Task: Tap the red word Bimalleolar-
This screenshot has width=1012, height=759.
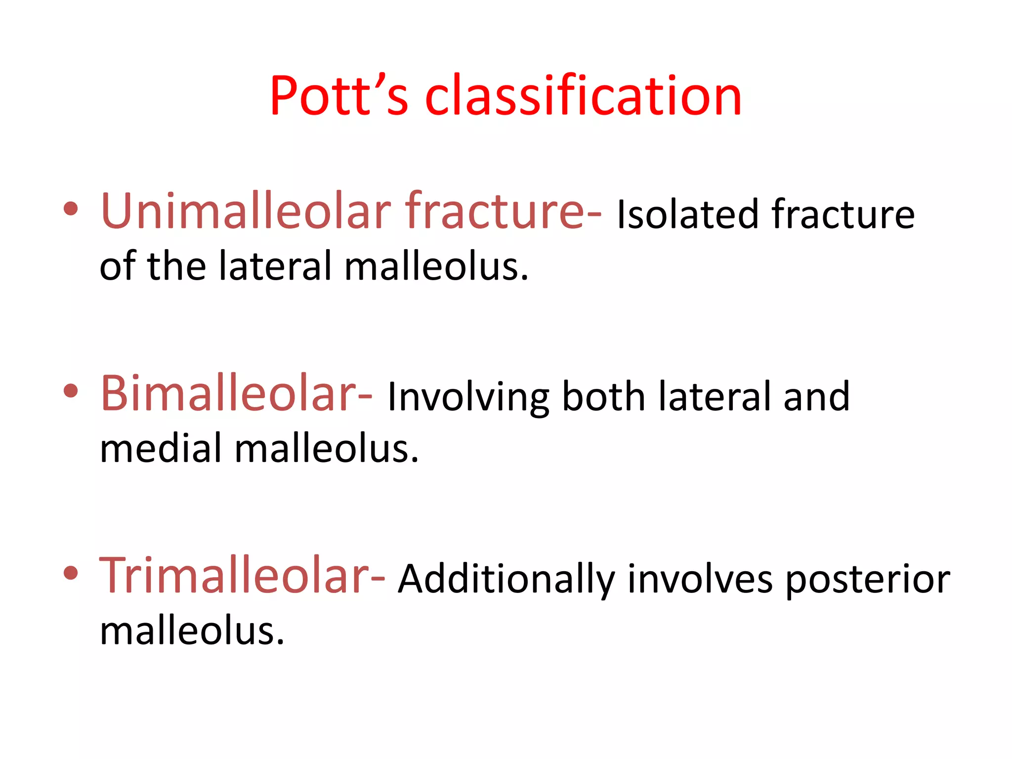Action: coord(236,394)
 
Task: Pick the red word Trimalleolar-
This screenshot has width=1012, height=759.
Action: coord(242,576)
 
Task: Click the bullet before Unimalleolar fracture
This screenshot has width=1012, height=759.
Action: coord(71,209)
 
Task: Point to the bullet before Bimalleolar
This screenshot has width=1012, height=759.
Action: coord(71,390)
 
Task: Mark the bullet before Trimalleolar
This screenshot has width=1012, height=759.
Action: coord(71,573)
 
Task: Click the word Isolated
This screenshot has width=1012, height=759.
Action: coord(687,214)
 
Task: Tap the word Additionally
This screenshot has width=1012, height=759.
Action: coord(506,579)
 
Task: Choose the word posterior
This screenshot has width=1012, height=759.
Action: coord(867,579)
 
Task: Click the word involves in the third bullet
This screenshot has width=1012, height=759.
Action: coord(700,579)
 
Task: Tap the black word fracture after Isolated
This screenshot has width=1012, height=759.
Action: coord(843,214)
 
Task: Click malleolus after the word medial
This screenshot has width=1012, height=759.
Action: coord(326,449)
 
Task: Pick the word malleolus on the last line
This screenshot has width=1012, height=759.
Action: coord(192,631)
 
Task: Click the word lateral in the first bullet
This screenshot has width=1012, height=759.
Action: coord(275,266)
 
